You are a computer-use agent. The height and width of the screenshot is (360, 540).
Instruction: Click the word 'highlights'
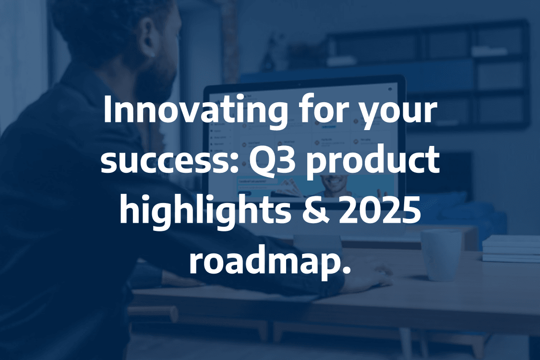[205, 213]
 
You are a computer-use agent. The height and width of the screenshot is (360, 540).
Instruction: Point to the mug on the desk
[441, 254]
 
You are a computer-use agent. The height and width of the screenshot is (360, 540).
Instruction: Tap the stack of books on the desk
[511, 249]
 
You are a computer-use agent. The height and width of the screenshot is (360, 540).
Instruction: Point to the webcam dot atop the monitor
[299, 84]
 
